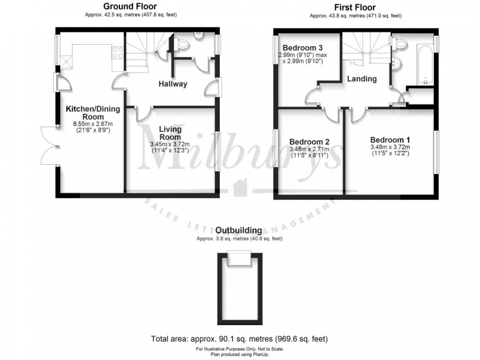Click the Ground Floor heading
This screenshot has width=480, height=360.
pos(130,7)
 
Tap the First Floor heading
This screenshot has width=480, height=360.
pos(355,7)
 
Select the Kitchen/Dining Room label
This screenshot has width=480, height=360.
pos(93,113)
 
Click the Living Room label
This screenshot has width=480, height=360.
pos(170,133)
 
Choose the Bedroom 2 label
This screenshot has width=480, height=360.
pos(309,142)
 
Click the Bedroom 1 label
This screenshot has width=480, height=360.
pos(390,140)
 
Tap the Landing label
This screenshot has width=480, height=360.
pos(362,79)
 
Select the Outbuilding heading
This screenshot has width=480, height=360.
pos(239,231)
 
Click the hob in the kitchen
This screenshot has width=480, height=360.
pos(118,53)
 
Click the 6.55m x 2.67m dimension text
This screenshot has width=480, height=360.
pos(93,123)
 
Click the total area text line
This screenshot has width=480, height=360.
pos(240,339)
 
